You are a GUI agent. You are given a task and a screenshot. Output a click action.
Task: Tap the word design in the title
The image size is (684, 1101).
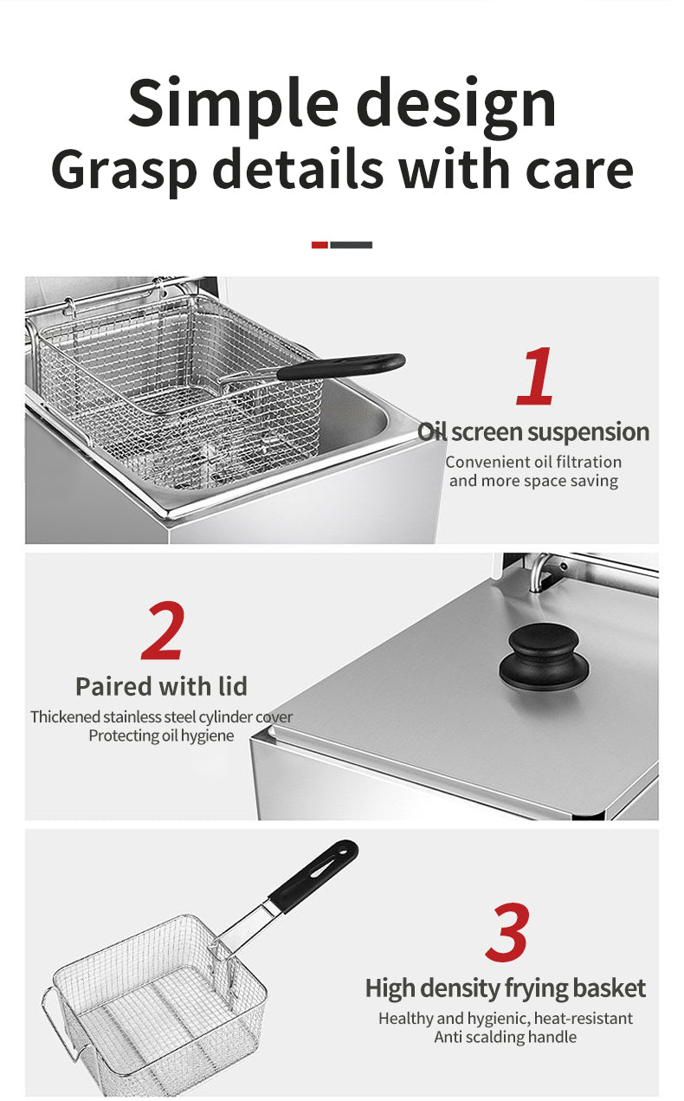[457, 105]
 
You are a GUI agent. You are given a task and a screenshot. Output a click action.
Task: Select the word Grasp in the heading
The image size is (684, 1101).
[124, 171]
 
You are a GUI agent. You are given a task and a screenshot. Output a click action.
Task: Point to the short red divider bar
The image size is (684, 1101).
[319, 245]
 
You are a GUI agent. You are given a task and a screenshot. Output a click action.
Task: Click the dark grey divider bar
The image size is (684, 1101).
[351, 245]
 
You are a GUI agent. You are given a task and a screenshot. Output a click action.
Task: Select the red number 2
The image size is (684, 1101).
[163, 631]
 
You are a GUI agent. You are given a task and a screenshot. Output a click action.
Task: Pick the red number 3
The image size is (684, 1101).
[508, 932]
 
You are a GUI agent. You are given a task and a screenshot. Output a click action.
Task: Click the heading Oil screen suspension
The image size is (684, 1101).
[533, 432]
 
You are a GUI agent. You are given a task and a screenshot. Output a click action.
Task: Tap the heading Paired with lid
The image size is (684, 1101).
[161, 686]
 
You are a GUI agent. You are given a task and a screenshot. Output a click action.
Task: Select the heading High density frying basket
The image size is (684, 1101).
[506, 988]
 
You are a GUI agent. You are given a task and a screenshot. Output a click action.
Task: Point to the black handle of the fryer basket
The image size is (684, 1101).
[341, 366]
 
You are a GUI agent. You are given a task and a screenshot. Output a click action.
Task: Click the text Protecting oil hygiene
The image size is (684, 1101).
[161, 735]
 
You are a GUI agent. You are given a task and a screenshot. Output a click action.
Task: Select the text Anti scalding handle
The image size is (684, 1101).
[506, 1037]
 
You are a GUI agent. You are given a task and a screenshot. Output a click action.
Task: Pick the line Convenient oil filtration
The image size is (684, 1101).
[533, 462]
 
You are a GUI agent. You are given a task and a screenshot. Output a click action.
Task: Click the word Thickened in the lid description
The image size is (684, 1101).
[65, 716]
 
